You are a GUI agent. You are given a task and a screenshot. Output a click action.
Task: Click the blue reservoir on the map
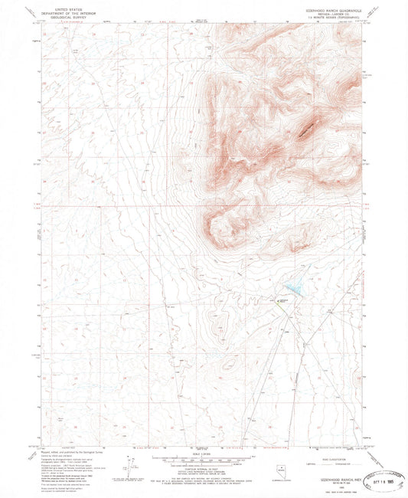click(x=293, y=289)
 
